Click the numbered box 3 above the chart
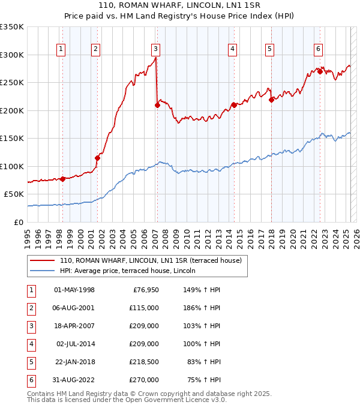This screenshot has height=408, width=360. pos(155,49)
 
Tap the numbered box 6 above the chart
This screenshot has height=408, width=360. pos(318,49)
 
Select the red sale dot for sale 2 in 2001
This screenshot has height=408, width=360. pos(97,158)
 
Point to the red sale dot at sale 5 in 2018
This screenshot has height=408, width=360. pos(271,100)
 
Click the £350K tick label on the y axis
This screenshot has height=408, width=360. pos(12,27)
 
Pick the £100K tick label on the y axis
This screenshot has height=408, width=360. pos(12,166)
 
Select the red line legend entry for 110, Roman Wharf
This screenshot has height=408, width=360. pos(150,260)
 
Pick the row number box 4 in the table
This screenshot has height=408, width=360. pos(31,344)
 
